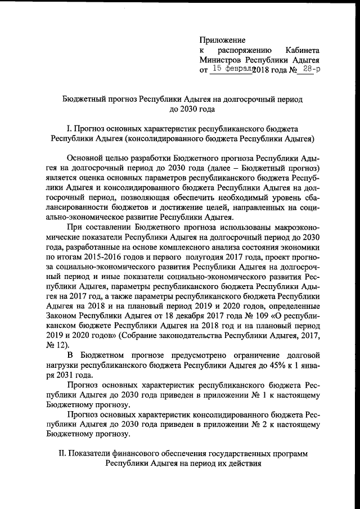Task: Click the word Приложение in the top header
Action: [x=223, y=40]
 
